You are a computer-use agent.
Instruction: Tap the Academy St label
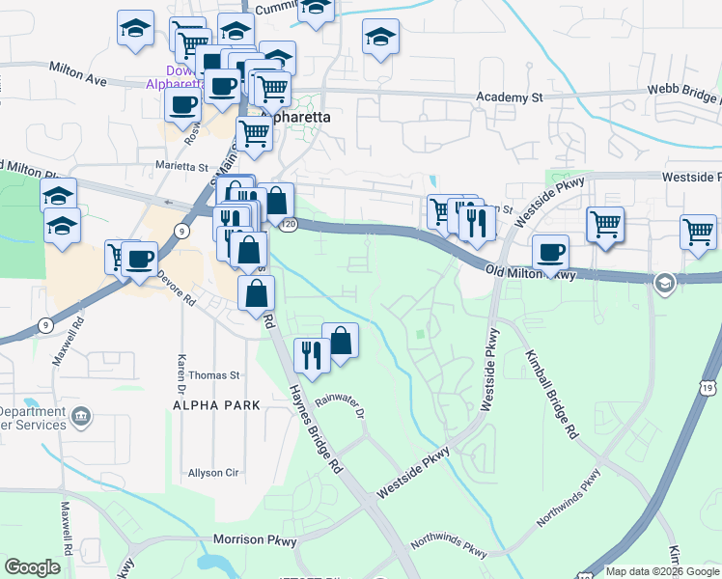click(512, 97)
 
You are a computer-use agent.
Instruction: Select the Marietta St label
click(182, 166)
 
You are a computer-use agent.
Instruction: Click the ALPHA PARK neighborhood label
click(216, 405)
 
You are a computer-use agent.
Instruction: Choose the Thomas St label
click(214, 374)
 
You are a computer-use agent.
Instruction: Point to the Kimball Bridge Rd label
click(551, 394)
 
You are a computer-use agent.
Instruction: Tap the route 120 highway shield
click(291, 224)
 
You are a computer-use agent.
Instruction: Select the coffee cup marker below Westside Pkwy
click(550, 253)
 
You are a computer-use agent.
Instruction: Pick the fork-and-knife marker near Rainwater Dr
click(310, 355)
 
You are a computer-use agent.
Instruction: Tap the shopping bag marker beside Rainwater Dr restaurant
click(341, 340)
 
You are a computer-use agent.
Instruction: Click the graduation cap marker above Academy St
click(380, 38)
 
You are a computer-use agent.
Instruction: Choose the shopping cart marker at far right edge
click(698, 232)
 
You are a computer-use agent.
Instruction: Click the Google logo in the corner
click(32, 567)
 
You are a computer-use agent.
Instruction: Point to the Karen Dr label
click(180, 367)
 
